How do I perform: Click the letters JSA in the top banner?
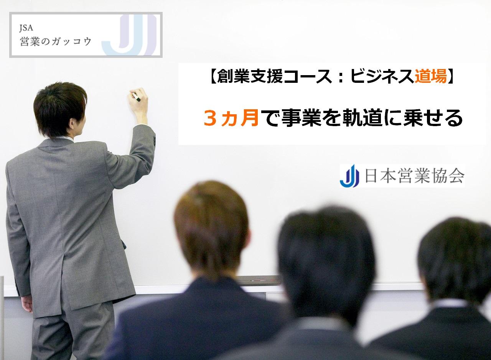[26, 28]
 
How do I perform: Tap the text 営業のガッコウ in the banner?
[56, 41]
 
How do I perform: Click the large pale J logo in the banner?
[129, 35]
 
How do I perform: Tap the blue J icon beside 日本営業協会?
[349, 176]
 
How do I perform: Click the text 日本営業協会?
[415, 176]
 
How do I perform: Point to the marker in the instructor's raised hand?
[136, 97]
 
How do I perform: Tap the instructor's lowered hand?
[27, 304]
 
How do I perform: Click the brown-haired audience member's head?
[211, 228]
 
